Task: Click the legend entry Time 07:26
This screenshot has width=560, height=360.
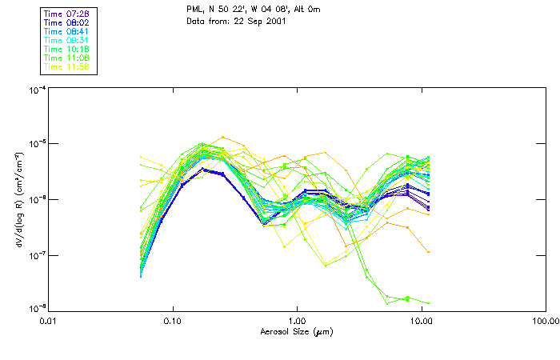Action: point(66,13)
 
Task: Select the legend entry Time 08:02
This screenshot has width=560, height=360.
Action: point(66,22)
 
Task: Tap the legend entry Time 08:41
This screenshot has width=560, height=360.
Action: point(66,30)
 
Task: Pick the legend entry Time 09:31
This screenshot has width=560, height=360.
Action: point(66,40)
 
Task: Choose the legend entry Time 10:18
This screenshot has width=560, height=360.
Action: point(66,49)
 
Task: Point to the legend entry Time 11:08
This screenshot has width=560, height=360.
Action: point(66,58)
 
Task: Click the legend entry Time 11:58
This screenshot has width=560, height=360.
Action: point(66,66)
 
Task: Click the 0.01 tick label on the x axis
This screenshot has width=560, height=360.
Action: point(49,321)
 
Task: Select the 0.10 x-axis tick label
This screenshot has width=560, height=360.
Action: point(173,321)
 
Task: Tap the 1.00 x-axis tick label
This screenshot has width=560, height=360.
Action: point(297,321)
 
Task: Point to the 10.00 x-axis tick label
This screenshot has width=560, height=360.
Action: point(421,321)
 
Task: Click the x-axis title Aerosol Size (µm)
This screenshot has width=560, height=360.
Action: point(297,331)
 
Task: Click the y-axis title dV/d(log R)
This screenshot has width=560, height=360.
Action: point(18,198)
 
